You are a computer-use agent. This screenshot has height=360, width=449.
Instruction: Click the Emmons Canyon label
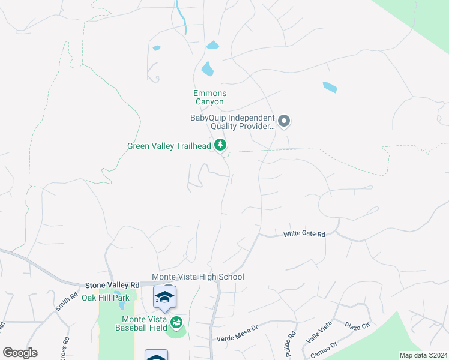tap(209, 97)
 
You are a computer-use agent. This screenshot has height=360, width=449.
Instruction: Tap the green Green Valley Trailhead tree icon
tap(221, 145)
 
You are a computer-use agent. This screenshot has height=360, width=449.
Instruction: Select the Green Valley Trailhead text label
tap(169, 146)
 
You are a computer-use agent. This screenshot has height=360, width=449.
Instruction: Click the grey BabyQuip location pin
tap(285, 122)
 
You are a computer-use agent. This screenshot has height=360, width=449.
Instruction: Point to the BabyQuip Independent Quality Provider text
tap(232, 122)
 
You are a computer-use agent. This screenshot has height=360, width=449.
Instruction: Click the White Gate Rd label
tap(304, 234)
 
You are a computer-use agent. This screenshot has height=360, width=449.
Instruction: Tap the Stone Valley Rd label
tap(112, 285)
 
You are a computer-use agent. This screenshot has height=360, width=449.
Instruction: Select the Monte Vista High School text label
tap(198, 277)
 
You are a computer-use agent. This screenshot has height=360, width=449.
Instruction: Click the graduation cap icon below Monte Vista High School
tap(165, 297)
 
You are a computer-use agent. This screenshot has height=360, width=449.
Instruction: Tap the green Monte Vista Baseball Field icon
tap(176, 324)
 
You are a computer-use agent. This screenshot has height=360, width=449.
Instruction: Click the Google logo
tap(20, 353)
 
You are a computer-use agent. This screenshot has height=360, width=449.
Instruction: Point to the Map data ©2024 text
tap(423, 355)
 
